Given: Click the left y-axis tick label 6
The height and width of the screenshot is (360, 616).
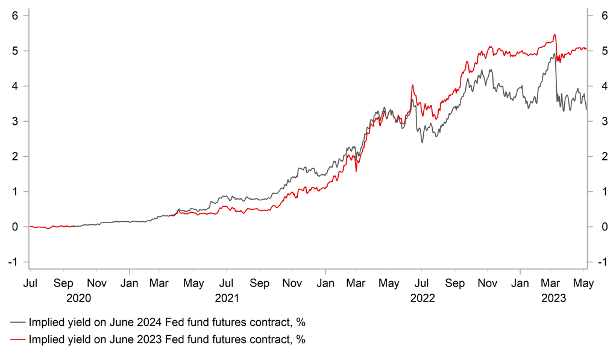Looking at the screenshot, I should tap(16, 16).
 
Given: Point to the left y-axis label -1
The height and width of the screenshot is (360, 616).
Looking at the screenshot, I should tap(14, 262).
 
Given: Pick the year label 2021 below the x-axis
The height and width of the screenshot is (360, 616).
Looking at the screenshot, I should tap(227, 297).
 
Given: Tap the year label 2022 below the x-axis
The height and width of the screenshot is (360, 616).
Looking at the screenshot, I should tap(423, 297).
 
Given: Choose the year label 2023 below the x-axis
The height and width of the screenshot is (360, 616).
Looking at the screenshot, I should tap(553, 297).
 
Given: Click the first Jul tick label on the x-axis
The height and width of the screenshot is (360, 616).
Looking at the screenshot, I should tap(30, 282).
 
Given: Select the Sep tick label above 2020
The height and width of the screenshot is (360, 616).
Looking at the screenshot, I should tap(63, 282).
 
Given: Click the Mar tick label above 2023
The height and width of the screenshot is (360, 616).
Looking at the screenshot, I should tap(553, 282).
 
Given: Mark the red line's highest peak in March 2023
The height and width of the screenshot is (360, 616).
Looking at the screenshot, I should tap(554, 35).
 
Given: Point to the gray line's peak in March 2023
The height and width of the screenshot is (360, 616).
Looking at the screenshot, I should tap(553, 54).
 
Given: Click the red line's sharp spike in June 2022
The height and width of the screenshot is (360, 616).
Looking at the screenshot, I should tap(412, 86).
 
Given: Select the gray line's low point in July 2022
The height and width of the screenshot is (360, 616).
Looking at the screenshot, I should tap(422, 142).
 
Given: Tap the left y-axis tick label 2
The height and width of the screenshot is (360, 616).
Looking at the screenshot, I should tap(16, 156).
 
